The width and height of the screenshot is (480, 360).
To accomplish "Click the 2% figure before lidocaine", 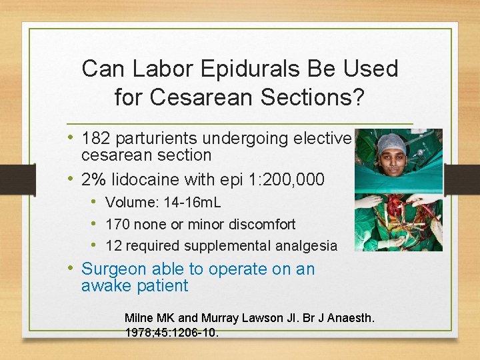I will pyautogui.click(x=94, y=179).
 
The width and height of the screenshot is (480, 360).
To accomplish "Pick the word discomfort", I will pyautogui.click(x=258, y=224).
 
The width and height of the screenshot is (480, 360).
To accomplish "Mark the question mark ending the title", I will pyautogui.click(x=358, y=97).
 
